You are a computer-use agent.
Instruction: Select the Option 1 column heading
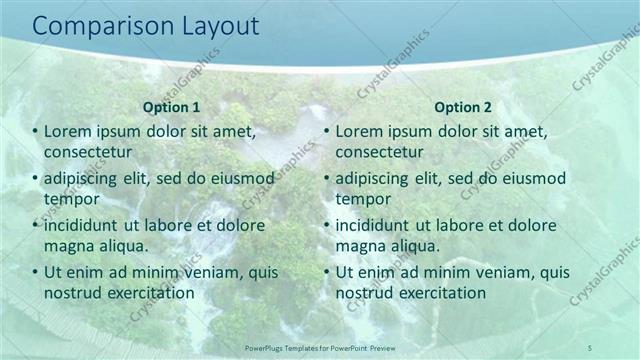pyautogui.click(x=172, y=107)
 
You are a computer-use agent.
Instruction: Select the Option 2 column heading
pyautogui.click(x=463, y=107)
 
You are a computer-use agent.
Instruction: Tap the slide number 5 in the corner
pyautogui.click(x=590, y=347)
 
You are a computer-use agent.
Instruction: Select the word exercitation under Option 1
pyautogui.click(x=149, y=293)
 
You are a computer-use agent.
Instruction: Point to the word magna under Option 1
pyautogui.click(x=69, y=246)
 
